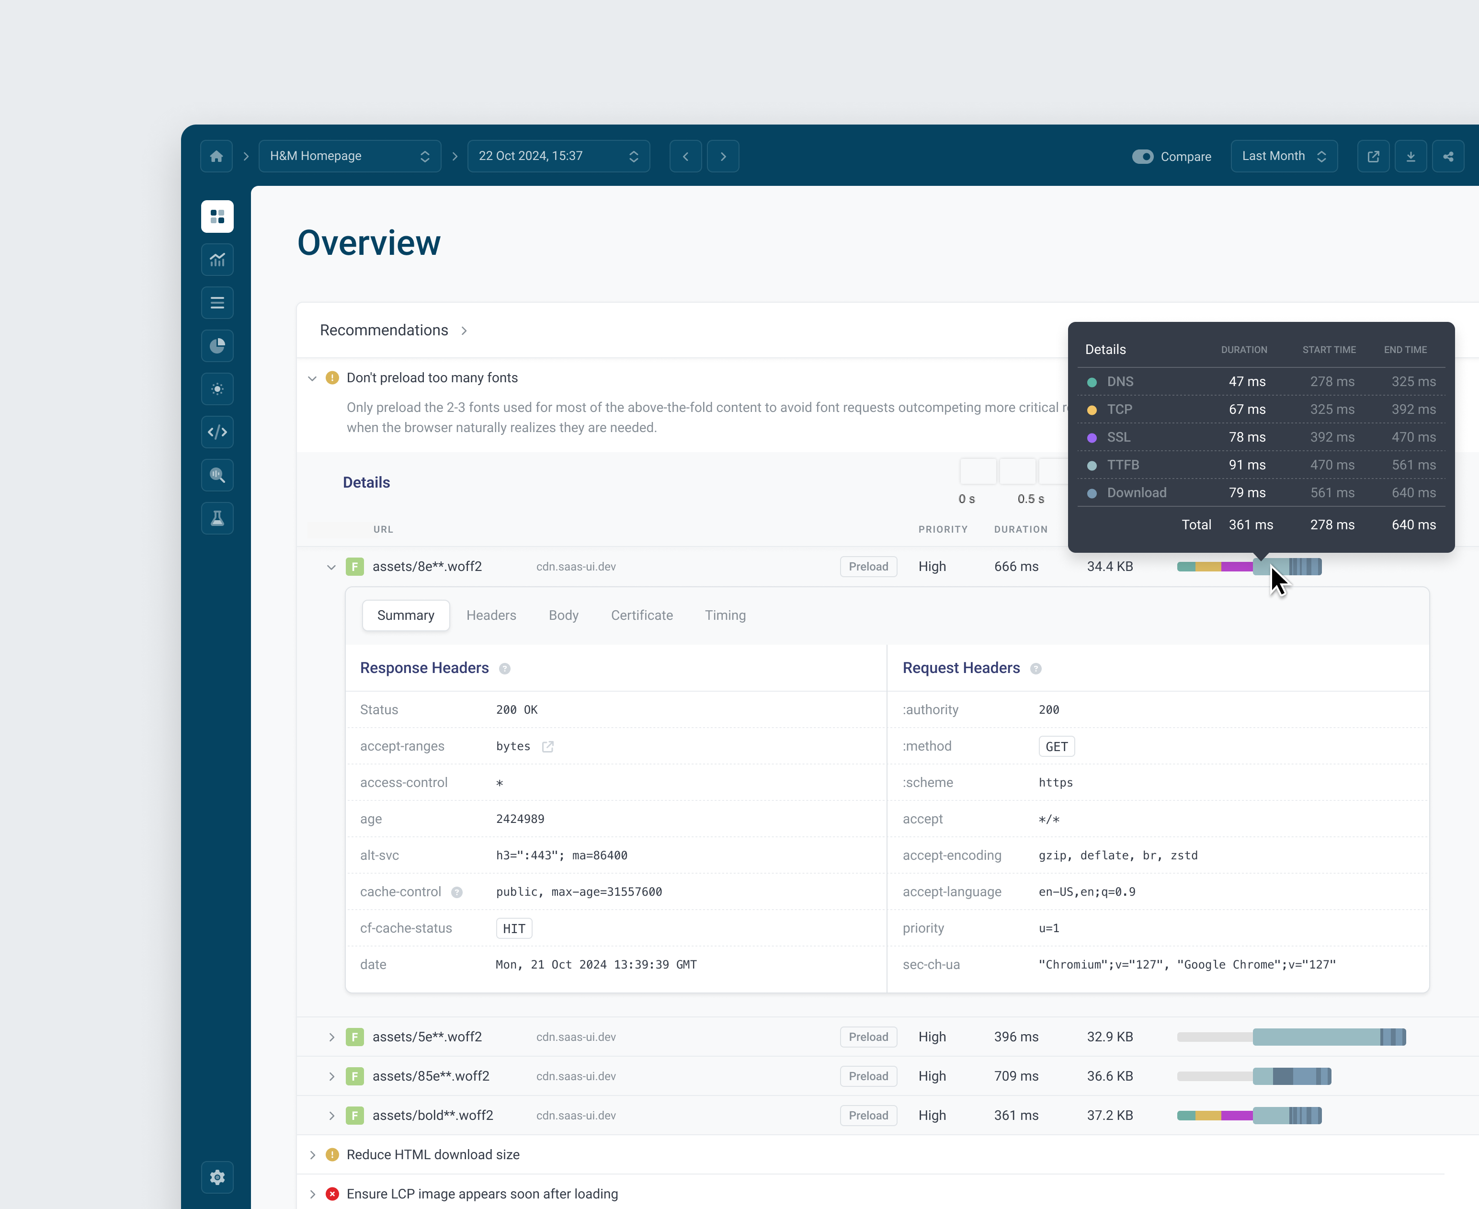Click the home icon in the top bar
[x=216, y=156]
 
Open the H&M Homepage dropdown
[x=350, y=156]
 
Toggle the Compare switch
[x=1142, y=157]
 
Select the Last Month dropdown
[x=1283, y=156]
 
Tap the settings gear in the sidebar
[x=217, y=1177]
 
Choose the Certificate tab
[x=641, y=615]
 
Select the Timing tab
[x=725, y=615]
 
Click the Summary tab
[x=405, y=615]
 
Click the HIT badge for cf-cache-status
[x=514, y=928]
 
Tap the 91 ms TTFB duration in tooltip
[x=1246, y=465]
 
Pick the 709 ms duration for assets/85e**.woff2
[x=1016, y=1076]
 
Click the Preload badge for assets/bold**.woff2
[x=868, y=1115]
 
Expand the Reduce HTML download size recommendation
[x=313, y=1155]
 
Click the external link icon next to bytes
[x=548, y=747]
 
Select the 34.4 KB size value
[x=1109, y=566]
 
